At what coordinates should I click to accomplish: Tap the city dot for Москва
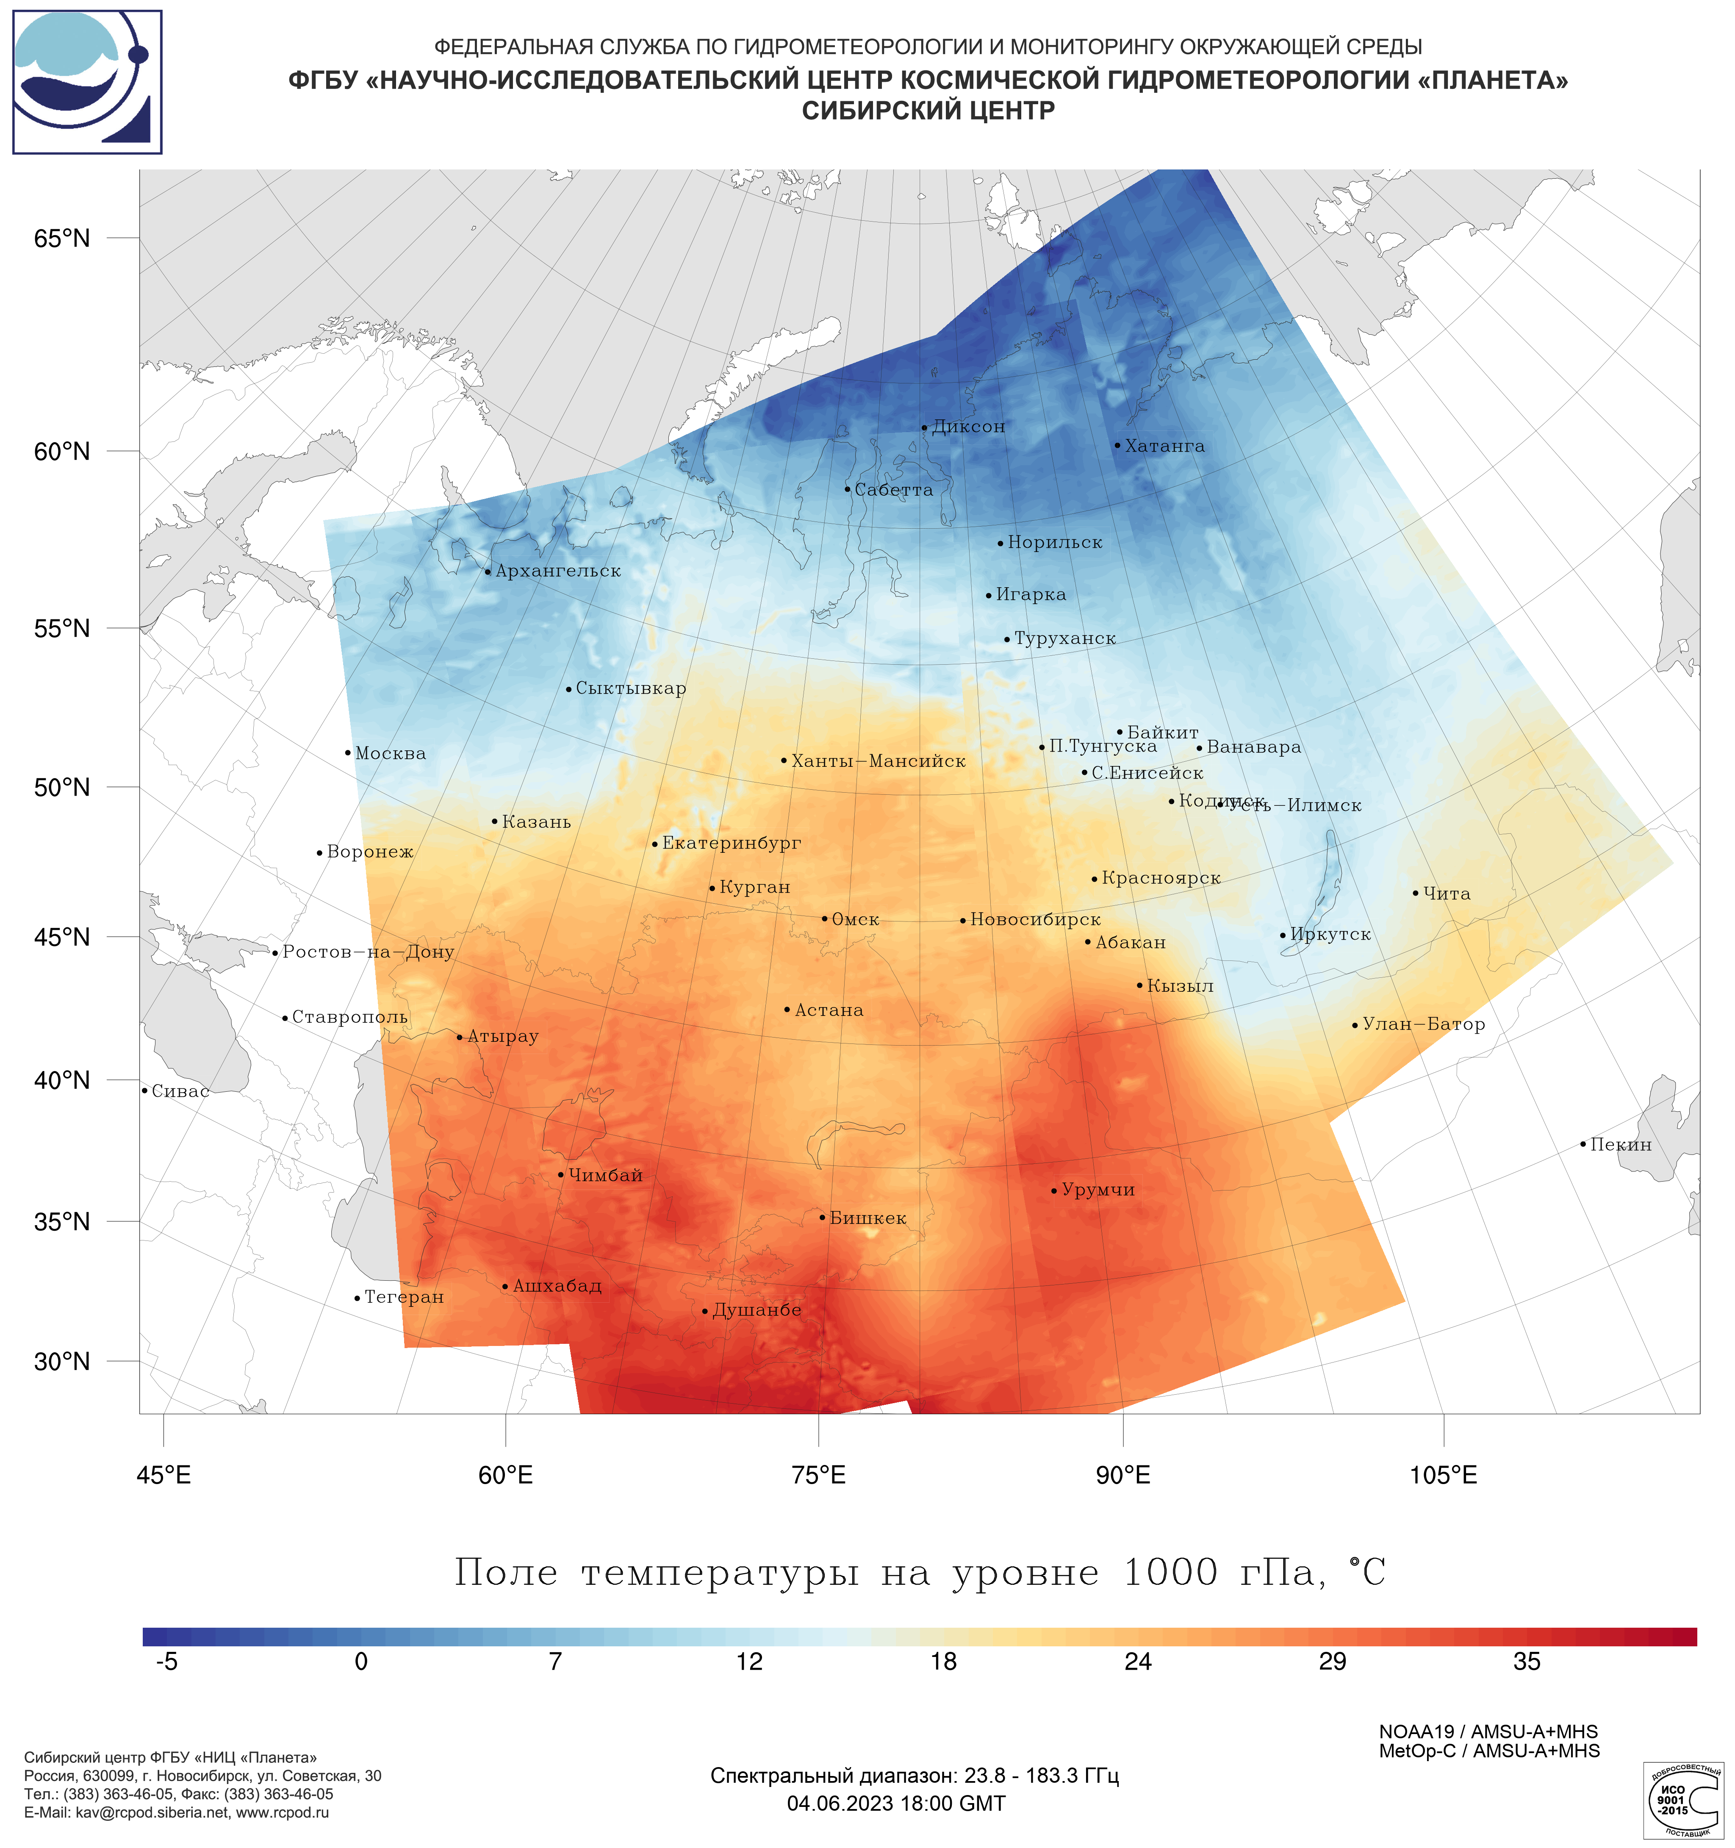[x=348, y=753]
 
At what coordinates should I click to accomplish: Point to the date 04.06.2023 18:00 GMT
[x=896, y=1804]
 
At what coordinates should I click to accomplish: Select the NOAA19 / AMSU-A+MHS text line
[x=1488, y=1732]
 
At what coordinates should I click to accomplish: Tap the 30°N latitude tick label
[x=62, y=1362]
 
